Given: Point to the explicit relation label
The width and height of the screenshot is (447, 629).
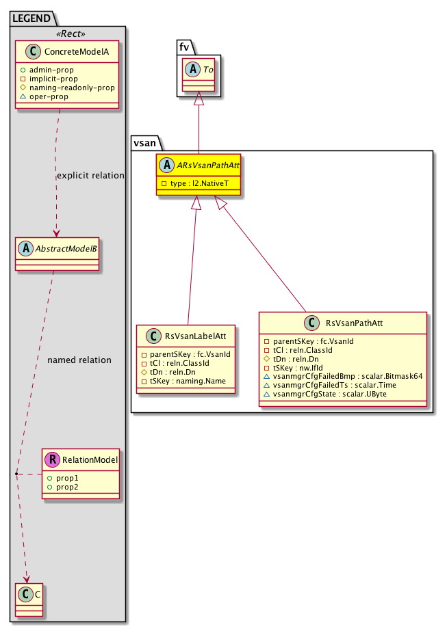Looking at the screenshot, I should (x=90, y=176).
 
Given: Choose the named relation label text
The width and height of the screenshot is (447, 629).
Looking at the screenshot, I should (x=79, y=360).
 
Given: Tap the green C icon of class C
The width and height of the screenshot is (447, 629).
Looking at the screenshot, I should (x=25, y=595).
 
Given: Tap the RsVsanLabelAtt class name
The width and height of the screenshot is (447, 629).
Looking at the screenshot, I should (x=192, y=336).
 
